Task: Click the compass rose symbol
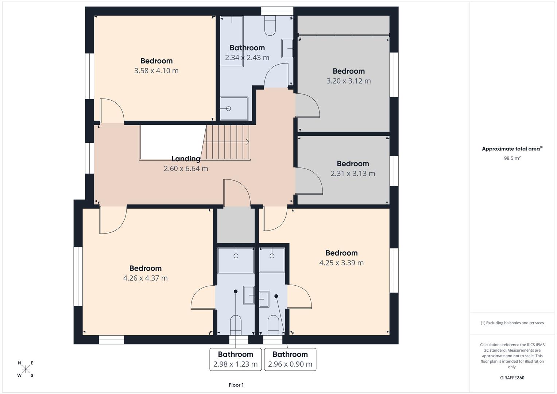(26, 369)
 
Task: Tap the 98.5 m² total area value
(512, 158)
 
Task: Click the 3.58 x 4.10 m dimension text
(156, 71)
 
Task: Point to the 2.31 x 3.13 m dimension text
(353, 173)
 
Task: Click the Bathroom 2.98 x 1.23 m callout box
(236, 359)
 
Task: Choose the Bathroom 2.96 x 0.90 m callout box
(290, 359)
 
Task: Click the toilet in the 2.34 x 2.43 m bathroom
(270, 26)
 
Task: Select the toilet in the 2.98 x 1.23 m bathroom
(236, 325)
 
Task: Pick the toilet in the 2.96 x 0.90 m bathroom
(273, 325)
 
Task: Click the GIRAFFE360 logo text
(512, 378)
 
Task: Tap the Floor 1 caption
(236, 385)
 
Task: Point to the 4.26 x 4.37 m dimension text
(146, 278)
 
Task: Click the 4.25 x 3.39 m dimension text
(341, 263)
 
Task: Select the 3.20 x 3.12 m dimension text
(348, 81)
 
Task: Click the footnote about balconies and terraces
(512, 323)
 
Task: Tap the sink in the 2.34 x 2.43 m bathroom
(287, 48)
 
